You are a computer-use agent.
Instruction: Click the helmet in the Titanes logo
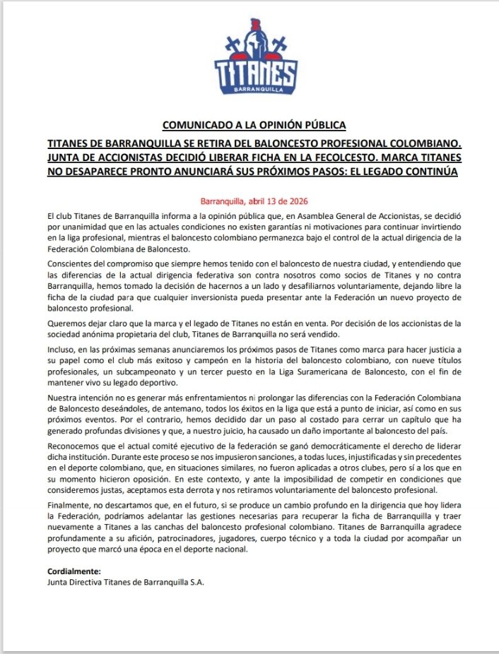point(254,37)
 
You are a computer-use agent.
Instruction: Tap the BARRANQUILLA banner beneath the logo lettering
point(255,90)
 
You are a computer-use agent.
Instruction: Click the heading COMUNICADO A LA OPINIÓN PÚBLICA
point(254,125)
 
